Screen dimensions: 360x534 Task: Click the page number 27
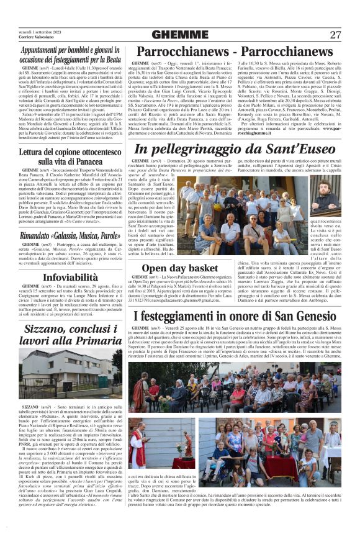point(336,35)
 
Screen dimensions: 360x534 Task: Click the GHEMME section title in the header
point(179,35)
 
